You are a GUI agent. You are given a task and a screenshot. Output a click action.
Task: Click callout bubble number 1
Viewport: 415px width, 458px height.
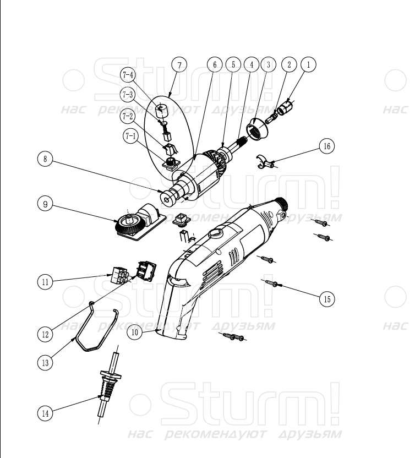(x=309, y=64)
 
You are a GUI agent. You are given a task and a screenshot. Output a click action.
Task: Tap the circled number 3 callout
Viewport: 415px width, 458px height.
(x=269, y=64)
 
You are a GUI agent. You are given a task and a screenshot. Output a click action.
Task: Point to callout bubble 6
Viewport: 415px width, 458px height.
(x=215, y=64)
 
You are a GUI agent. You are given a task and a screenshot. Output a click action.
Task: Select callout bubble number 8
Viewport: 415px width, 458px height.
(x=46, y=160)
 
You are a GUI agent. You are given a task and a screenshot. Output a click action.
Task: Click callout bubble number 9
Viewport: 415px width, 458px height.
(x=46, y=203)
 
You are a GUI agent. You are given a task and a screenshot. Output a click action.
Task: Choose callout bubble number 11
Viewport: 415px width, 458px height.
(x=46, y=282)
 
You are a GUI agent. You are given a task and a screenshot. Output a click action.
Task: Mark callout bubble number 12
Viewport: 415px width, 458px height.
(x=46, y=333)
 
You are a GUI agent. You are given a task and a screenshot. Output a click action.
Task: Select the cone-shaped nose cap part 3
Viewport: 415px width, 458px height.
(x=257, y=129)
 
